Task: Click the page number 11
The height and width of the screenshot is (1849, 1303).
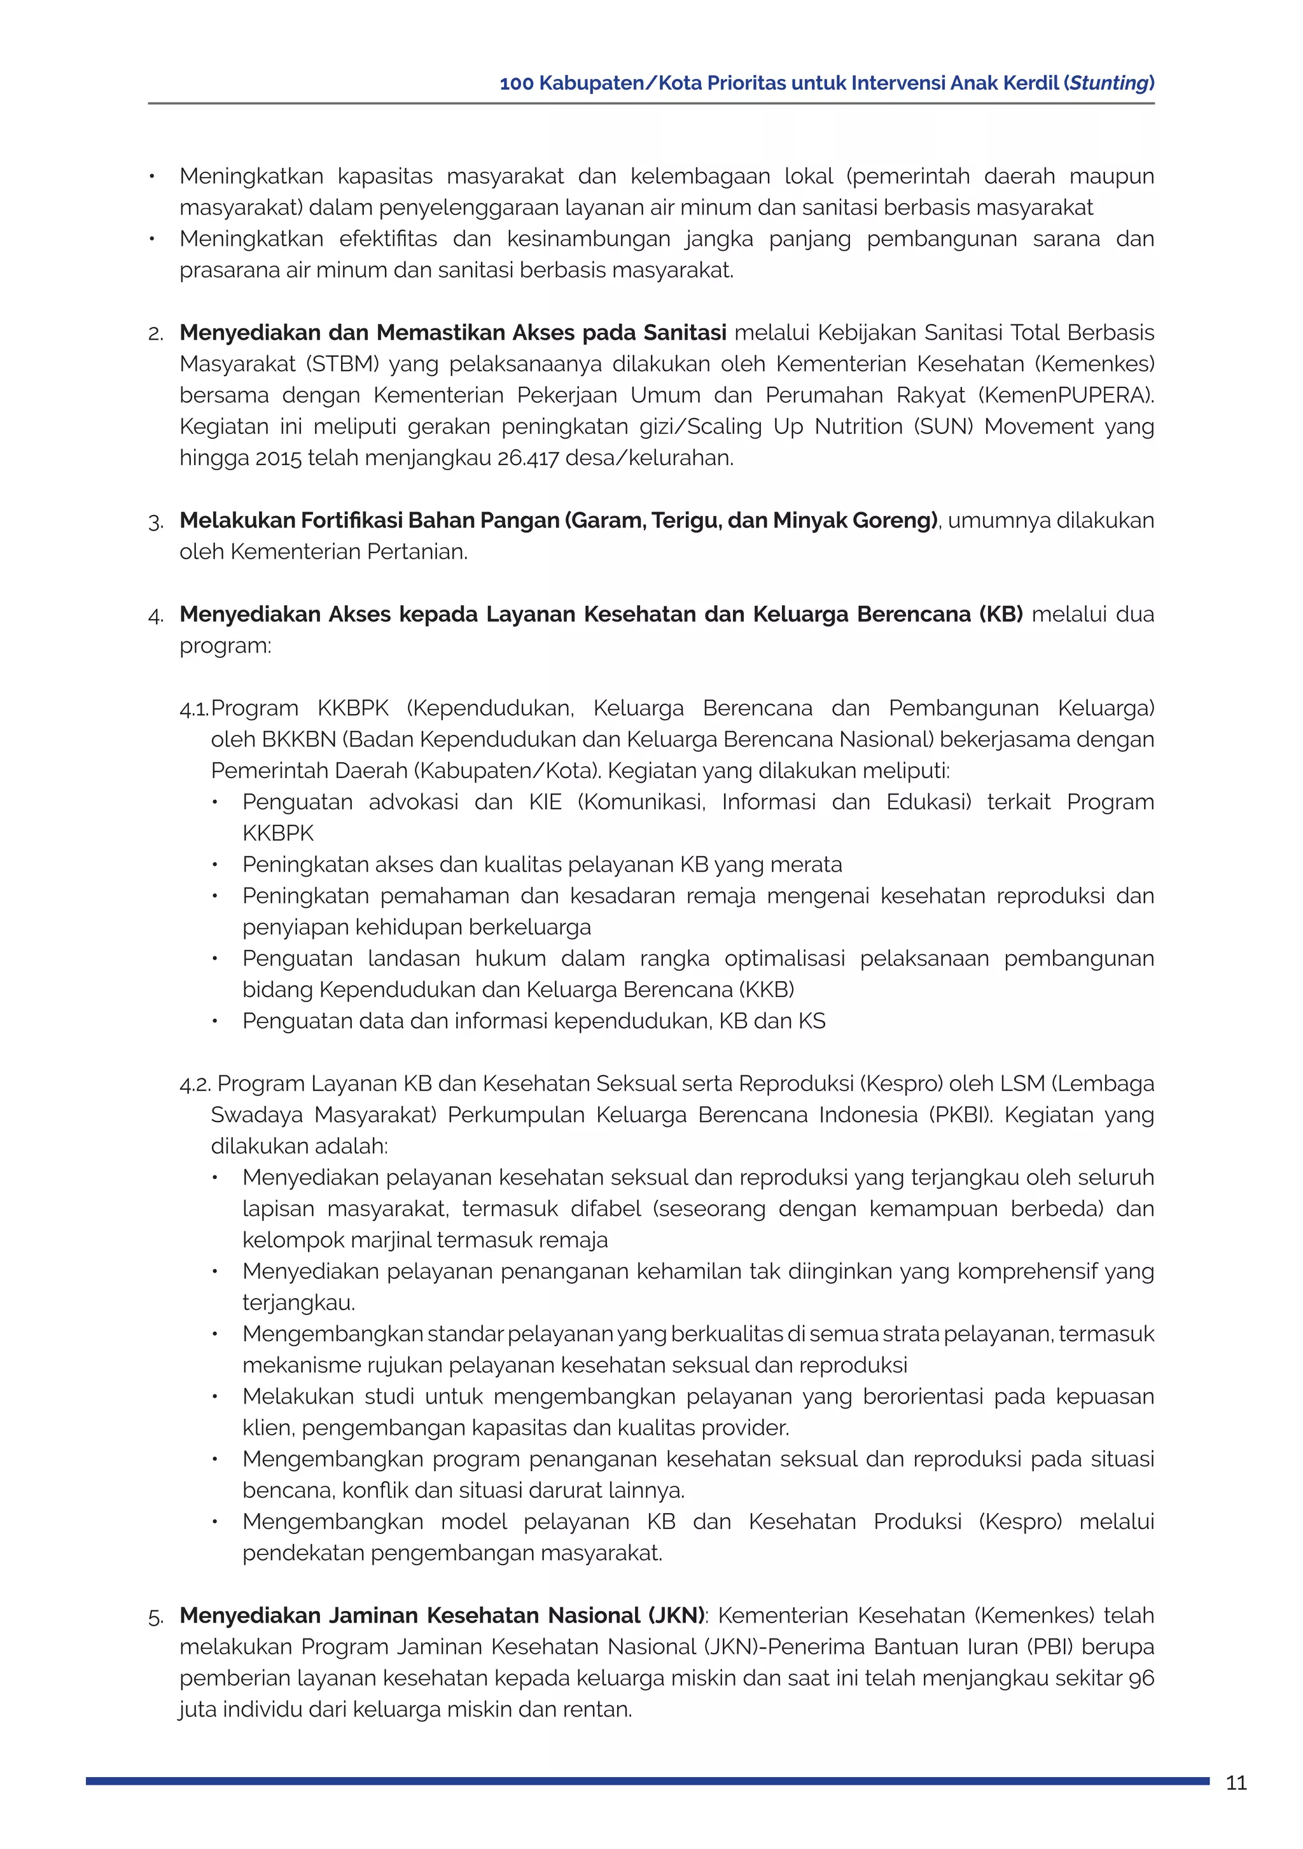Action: pos(1236,1783)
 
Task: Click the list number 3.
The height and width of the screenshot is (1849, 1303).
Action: pos(155,522)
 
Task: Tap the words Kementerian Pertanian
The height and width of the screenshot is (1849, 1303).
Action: pos(347,552)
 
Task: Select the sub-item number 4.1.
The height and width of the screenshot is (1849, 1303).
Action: pos(193,709)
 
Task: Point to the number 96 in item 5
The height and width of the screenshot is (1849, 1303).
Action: pos(1141,1678)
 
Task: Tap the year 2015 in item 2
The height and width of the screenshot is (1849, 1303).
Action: pos(278,458)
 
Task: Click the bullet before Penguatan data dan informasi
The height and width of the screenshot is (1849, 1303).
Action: pos(215,1021)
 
